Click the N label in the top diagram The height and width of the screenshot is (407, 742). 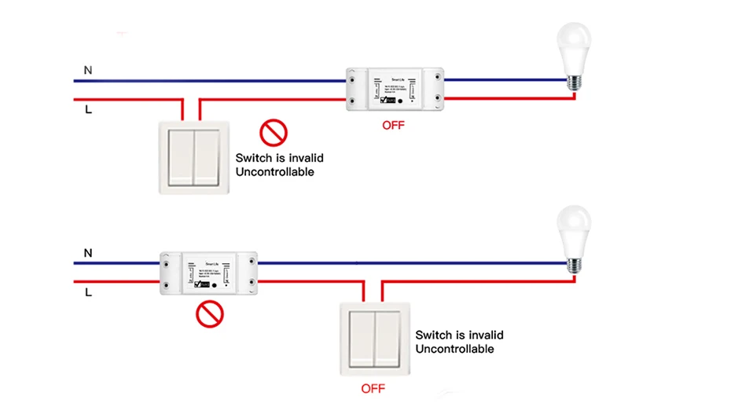point(88,71)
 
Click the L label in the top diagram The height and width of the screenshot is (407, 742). point(88,110)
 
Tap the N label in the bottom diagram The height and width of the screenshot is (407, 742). point(88,253)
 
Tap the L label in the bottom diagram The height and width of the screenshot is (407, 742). point(88,292)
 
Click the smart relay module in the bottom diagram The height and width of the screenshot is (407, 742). point(210,273)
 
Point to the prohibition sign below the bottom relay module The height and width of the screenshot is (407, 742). point(210,313)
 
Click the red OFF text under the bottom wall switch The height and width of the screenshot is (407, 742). point(373,388)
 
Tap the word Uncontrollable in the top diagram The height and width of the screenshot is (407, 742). point(274,171)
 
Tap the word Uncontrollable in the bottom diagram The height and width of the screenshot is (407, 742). point(454,348)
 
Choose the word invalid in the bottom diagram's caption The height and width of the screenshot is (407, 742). point(486,335)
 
